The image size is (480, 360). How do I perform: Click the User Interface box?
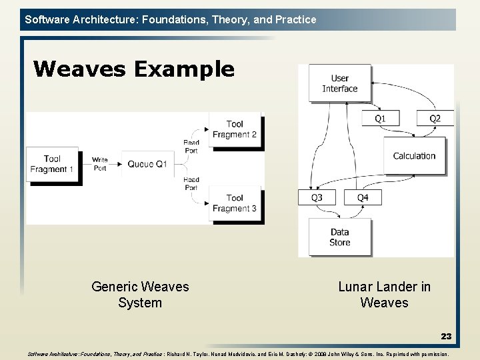340,83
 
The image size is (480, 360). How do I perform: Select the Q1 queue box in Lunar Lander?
379,119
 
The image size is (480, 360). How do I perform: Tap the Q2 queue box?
435,119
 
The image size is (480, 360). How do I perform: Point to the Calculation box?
414,155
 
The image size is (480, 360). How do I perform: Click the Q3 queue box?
317,197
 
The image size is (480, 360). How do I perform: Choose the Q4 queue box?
363,197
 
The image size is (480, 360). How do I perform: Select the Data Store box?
340,237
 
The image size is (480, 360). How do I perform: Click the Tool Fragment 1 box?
52,164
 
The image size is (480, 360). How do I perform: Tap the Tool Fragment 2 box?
235,129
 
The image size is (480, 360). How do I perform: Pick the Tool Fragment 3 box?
235,203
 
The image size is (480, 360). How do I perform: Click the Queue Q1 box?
147,164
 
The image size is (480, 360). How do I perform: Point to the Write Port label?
100,164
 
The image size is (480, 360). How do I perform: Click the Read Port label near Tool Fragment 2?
191,147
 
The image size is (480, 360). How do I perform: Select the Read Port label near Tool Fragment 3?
191,183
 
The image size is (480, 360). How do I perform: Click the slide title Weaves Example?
133,69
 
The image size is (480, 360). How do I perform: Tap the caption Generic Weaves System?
140,295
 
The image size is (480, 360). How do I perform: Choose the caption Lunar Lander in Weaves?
384,295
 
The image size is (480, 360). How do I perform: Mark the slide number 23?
446,337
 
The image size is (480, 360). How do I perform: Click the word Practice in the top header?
295,19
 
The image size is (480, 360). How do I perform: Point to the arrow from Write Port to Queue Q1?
115,164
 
